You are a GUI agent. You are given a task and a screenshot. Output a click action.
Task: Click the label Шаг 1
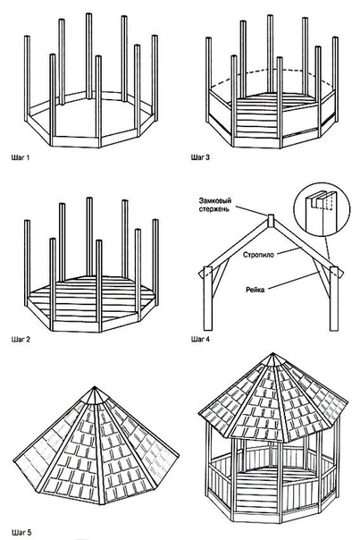(21, 157)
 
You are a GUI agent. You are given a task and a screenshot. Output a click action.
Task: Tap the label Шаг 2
(21, 339)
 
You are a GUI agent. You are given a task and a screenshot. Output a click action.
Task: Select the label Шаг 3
(200, 157)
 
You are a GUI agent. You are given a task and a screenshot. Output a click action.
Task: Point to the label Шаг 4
(200, 339)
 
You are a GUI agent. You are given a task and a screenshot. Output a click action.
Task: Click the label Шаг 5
(21, 533)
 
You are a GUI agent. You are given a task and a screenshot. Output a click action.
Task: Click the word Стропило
(258, 255)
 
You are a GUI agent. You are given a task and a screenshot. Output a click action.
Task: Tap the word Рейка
(255, 290)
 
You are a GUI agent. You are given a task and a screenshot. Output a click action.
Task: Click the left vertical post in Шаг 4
(208, 299)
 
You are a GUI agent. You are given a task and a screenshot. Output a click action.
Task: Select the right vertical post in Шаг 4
(334, 299)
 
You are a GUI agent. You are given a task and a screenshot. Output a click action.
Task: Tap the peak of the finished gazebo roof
(273, 353)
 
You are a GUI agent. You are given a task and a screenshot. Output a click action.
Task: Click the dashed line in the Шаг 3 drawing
(270, 70)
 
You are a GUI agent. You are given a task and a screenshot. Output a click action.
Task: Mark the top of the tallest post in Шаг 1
(89, 14)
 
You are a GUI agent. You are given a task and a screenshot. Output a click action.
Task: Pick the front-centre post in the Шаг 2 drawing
(99, 286)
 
